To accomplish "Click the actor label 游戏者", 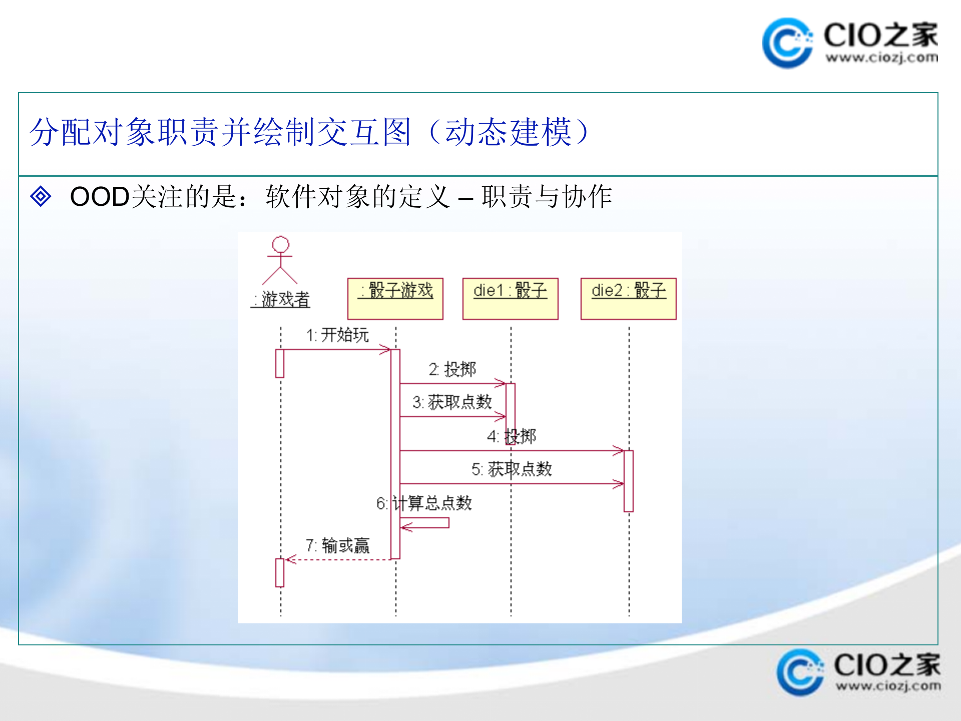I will tap(281, 299).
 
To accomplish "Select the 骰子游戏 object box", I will tap(395, 298).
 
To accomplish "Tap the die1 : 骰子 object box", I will tap(510, 298).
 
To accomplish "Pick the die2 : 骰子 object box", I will tap(628, 298).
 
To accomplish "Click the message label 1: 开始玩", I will tap(337, 335).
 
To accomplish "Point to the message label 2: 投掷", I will tap(452, 370).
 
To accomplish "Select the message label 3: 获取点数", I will tap(452, 402).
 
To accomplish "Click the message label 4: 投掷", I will tap(512, 437).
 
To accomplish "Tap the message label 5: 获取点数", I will tap(512, 469).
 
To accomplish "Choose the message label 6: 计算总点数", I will tap(424, 503).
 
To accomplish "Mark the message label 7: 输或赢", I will tap(337, 545).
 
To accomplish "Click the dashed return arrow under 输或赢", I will tap(338, 559).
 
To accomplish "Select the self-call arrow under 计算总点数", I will tap(425, 524).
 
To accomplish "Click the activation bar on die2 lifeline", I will tap(629, 481).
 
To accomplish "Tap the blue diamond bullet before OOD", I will tap(41, 196).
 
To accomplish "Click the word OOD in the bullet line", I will tap(100, 196).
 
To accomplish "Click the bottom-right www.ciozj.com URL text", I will tap(888, 685).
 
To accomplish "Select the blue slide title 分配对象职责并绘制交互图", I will tap(220, 132).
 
